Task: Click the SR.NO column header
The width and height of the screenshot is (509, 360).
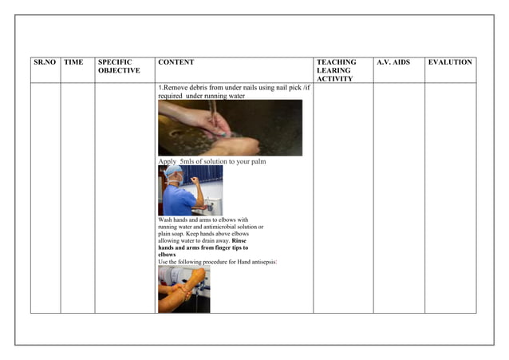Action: [45, 62]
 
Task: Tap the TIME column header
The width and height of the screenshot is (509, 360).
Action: [73, 62]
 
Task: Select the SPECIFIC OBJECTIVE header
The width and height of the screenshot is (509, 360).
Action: [119, 66]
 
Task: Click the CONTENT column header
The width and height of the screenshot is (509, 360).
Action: [176, 62]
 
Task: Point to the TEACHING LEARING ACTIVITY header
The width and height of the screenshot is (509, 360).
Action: [337, 70]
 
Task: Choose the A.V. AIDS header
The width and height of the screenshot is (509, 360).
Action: [393, 62]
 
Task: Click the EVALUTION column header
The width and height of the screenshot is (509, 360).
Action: [450, 62]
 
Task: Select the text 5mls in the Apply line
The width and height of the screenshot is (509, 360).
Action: [187, 161]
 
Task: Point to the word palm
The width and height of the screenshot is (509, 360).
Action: [258, 162]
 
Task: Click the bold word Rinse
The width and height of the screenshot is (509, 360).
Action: [239, 241]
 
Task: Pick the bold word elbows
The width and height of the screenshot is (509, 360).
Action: [167, 255]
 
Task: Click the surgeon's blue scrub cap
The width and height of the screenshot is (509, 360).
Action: [173, 170]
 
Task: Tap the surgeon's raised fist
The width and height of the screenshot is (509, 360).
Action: [194, 180]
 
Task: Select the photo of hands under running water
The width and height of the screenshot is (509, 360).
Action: [230, 128]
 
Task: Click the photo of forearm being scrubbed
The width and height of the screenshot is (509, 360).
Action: [184, 289]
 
